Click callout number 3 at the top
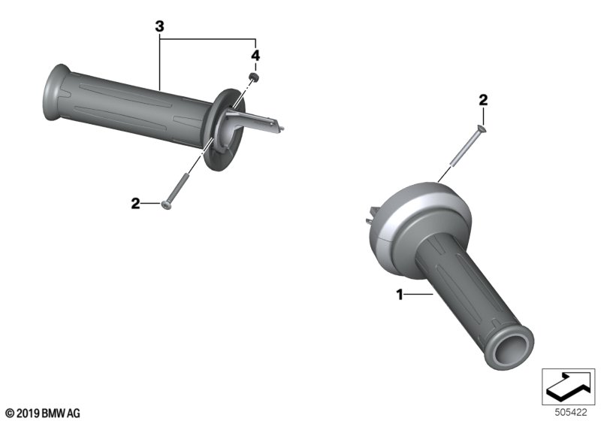(160, 26)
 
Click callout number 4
(255, 56)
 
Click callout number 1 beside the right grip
(400, 295)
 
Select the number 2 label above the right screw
(483, 100)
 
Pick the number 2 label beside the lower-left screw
(135, 204)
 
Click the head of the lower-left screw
(166, 205)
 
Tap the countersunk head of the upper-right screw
(482, 129)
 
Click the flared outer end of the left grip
(53, 92)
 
